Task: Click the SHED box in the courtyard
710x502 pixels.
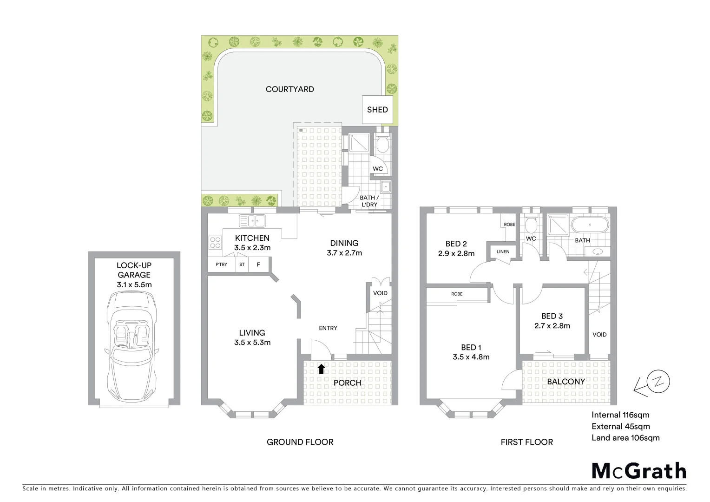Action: click(377, 110)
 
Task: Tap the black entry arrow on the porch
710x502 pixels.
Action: click(321, 369)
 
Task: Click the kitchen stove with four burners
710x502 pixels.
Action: click(215, 243)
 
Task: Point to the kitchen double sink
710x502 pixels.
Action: click(252, 220)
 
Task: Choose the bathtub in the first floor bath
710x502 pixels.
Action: click(589, 225)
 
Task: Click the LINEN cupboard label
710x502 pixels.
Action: click(503, 252)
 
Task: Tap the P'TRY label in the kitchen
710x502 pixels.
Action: click(221, 264)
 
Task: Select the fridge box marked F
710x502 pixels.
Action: click(258, 264)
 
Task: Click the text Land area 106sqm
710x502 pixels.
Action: click(625, 437)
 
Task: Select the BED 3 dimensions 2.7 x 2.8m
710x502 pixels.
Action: click(552, 326)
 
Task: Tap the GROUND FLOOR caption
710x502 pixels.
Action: click(300, 442)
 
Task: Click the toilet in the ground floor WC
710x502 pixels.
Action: click(382, 145)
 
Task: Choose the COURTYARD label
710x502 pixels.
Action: click(289, 89)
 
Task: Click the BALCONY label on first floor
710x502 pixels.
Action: click(565, 382)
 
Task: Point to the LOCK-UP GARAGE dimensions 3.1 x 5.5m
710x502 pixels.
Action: click(134, 284)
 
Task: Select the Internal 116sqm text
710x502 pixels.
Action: click(620, 415)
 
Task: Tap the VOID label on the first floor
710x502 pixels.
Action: click(599, 335)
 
